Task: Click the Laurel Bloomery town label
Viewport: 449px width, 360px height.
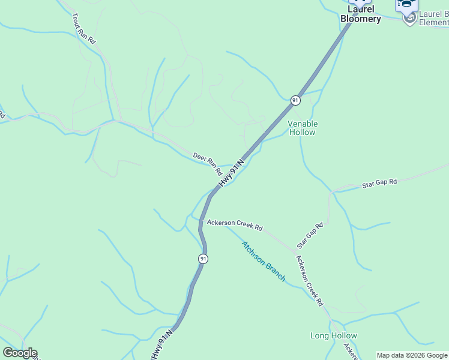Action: [x=360, y=14]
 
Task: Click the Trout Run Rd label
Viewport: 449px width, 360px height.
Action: [x=83, y=28]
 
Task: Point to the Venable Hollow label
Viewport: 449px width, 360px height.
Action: [x=303, y=128]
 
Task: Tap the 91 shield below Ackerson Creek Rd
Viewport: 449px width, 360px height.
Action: [x=203, y=259]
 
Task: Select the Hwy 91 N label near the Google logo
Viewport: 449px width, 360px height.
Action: [x=161, y=345]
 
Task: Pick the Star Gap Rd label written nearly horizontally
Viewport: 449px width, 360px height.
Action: [x=379, y=184]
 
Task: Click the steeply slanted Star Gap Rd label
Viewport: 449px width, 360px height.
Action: [x=310, y=236]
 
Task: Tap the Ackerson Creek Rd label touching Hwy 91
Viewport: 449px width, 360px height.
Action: [x=235, y=225]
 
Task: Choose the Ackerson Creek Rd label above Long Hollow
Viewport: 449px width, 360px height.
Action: [x=309, y=281]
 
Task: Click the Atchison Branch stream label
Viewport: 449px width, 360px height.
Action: [x=264, y=261]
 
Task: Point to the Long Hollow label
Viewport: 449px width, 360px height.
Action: [x=334, y=335]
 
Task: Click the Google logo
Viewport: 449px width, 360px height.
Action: [x=20, y=353]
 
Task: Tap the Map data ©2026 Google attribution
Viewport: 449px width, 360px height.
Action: [x=412, y=355]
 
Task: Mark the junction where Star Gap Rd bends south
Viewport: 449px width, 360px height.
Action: [x=331, y=192]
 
